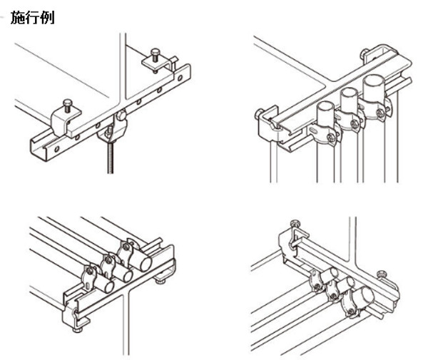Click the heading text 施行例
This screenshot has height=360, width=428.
[33, 18]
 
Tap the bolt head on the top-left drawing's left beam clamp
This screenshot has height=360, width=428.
[68, 103]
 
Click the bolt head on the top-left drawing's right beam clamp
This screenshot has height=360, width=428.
[155, 51]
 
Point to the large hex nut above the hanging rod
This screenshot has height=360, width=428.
[121, 115]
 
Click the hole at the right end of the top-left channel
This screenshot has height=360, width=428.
[180, 78]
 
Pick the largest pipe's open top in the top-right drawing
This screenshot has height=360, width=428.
[374, 81]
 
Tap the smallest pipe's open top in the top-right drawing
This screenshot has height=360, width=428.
[325, 106]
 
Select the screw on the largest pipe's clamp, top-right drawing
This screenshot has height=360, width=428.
[379, 111]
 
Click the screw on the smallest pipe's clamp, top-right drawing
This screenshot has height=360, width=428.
[331, 138]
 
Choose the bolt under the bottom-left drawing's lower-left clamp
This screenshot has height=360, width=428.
[78, 330]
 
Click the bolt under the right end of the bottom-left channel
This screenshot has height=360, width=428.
[160, 280]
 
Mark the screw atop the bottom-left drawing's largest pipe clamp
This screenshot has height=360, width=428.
[126, 247]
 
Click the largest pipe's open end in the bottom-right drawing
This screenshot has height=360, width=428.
[367, 295]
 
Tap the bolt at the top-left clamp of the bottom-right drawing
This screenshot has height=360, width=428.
[295, 223]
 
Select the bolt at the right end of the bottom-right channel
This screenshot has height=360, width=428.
[382, 274]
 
